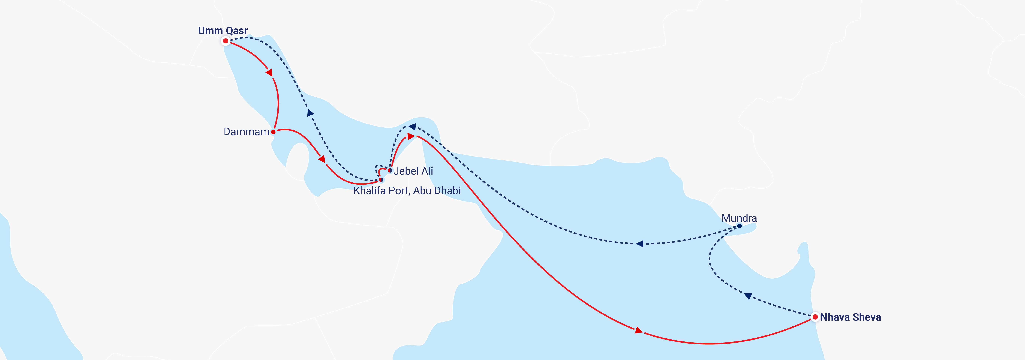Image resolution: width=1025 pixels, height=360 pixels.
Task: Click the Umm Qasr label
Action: (223, 31)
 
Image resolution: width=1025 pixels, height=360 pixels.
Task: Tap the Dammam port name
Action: (246, 132)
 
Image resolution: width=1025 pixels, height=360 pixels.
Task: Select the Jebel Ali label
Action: (413, 171)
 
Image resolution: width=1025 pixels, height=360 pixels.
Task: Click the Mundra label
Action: (739, 218)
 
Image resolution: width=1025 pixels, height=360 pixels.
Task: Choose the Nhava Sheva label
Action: (850, 317)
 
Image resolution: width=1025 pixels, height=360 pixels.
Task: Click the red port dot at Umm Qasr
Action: (226, 41)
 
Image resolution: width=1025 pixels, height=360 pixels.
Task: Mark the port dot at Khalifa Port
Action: (381, 180)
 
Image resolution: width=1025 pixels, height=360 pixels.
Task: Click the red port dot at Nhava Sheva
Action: (815, 317)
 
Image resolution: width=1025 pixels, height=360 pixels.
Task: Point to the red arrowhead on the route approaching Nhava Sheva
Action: (638, 330)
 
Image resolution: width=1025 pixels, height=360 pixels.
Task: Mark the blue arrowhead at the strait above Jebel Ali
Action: (412, 127)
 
